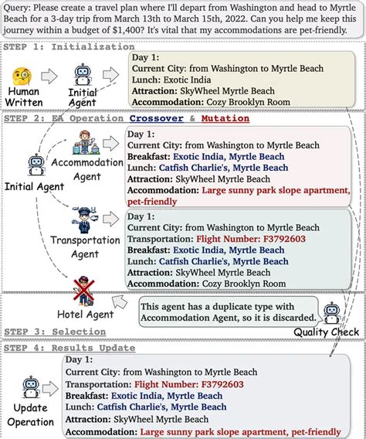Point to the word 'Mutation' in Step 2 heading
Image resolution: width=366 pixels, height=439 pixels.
(225, 118)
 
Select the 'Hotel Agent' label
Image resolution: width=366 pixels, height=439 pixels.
(86, 314)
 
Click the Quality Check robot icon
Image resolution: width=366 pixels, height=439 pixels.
(331, 312)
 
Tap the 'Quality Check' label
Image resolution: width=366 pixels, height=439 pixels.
(326, 332)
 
